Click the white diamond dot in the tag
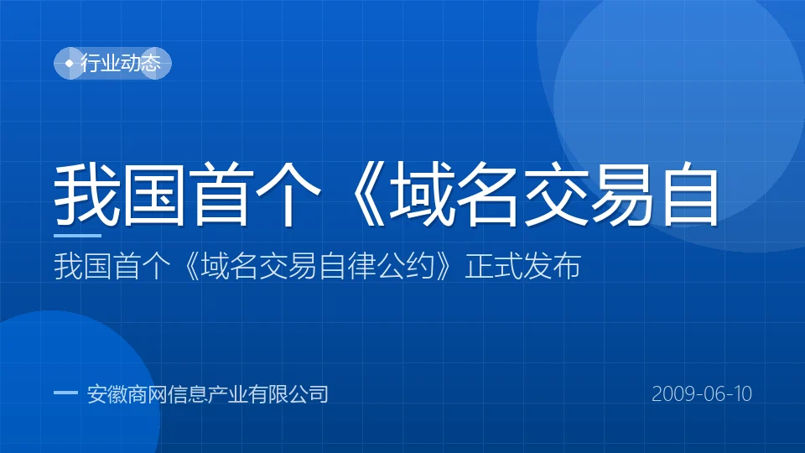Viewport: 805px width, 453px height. [70, 63]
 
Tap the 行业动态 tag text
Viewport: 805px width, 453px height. [121, 63]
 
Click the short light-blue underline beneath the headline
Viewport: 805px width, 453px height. [77, 236]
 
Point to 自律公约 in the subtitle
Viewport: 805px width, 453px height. [377, 266]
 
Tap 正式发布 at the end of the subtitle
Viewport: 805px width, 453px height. [522, 266]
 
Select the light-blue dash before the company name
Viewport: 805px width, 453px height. [65, 393]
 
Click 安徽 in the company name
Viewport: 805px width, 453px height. [106, 394]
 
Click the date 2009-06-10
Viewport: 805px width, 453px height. [702, 394]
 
